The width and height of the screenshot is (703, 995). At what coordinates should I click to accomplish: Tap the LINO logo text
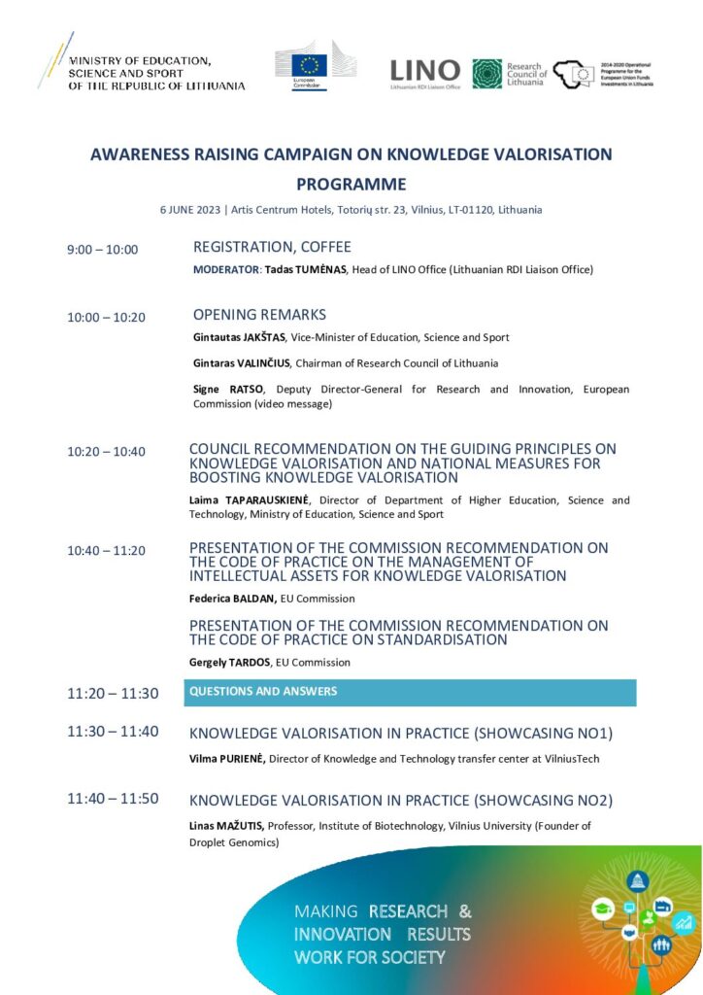pos(424,70)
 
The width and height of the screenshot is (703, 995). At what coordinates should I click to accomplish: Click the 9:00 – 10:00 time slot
pos(102,250)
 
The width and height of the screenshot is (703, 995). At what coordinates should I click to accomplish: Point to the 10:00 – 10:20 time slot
pos(106,318)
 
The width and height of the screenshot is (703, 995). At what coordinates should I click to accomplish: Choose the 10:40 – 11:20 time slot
pos(106,551)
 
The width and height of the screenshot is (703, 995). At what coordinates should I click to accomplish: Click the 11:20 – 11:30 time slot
pos(113,694)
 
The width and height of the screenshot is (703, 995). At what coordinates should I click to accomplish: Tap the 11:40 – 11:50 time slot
pos(113,799)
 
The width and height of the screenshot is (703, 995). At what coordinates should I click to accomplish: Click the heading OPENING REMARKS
pos(259,315)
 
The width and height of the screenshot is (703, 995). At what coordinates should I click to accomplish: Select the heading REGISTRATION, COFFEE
pos(272,247)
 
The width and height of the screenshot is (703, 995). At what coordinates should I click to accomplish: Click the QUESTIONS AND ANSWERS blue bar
pos(410,692)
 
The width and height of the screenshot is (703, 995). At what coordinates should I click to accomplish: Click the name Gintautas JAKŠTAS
pos(239,337)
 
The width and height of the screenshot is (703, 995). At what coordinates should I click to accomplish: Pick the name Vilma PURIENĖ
pos(227,755)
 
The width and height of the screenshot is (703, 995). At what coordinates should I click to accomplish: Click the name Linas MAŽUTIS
pos(226,826)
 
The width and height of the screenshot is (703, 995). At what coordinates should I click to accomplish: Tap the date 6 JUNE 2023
pos(190,210)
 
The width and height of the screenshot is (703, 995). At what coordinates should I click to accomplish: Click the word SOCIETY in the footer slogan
pos(407,957)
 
